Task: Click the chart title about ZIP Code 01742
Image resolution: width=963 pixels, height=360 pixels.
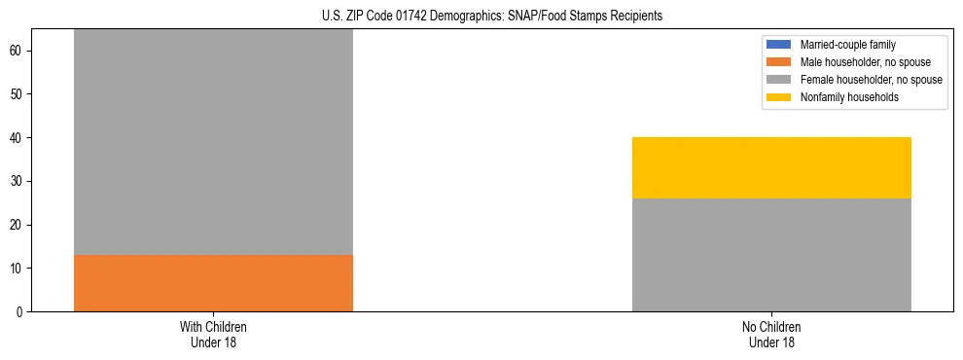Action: pyautogui.click(x=491, y=17)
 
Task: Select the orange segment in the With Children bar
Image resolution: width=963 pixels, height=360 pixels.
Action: pyautogui.click(x=213, y=283)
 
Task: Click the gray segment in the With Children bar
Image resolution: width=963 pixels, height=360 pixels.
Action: pyautogui.click(x=213, y=142)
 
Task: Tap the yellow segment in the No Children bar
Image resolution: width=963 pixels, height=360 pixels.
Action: pyautogui.click(x=771, y=167)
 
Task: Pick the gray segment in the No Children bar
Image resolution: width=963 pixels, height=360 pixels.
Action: pyautogui.click(x=771, y=255)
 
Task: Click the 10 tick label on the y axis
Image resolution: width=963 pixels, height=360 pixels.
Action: pyautogui.click(x=18, y=269)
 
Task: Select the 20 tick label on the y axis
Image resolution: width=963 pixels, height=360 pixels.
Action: pyautogui.click(x=18, y=225)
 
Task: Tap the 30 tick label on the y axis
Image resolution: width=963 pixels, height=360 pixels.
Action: pyautogui.click(x=18, y=181)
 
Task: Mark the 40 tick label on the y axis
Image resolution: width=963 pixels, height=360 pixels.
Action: pyautogui.click(x=18, y=138)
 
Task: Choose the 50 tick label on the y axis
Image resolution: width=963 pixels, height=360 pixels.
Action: pyautogui.click(x=18, y=94)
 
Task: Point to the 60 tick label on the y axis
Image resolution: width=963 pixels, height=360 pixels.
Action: pyautogui.click(x=18, y=51)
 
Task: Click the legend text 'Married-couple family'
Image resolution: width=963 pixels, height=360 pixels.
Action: pyautogui.click(x=847, y=45)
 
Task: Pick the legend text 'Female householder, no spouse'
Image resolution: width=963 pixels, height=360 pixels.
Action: pyautogui.click(x=871, y=80)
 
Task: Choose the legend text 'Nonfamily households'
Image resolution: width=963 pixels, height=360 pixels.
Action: pyautogui.click(x=849, y=97)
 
